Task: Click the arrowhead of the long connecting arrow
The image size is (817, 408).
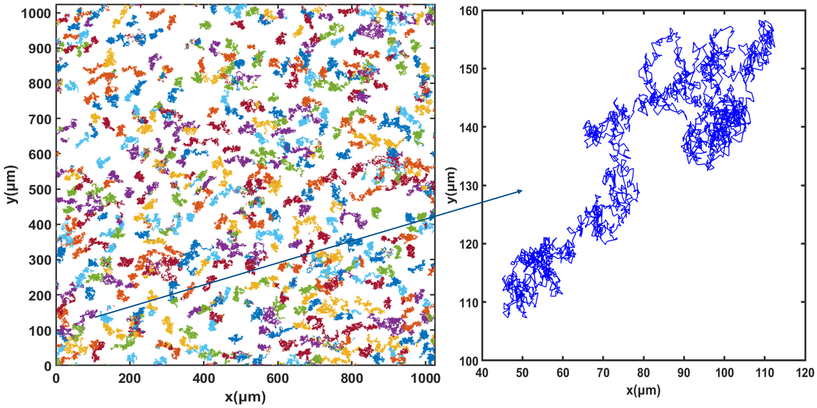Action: click(x=520, y=191)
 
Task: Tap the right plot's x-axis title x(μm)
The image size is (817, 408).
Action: click(x=643, y=390)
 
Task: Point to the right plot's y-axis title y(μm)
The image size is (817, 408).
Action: click(x=452, y=185)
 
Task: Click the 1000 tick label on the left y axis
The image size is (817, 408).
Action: click(x=36, y=14)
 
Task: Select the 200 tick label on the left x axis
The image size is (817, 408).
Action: click(x=129, y=379)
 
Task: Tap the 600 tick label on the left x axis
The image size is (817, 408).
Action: click(x=277, y=379)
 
